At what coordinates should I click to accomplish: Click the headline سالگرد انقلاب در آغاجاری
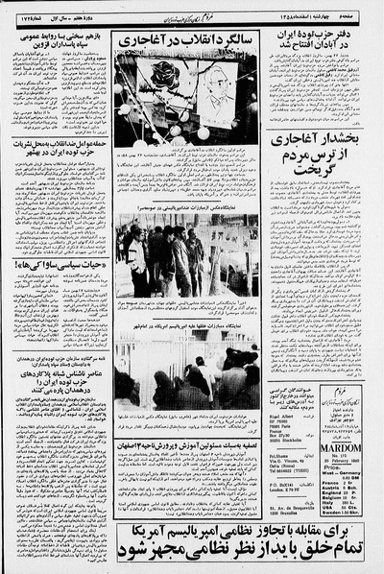185,39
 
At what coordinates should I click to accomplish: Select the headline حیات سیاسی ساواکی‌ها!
54,263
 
